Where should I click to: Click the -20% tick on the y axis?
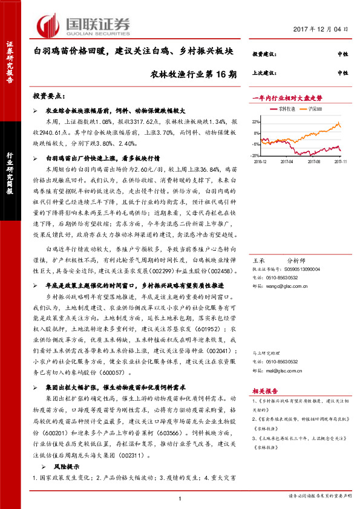click(x=256, y=155)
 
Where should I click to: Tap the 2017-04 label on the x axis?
click(x=287, y=162)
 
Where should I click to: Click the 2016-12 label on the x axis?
click(x=260, y=162)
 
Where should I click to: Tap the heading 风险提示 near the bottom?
click(x=64, y=467)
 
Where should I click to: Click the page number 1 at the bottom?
click(x=180, y=498)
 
